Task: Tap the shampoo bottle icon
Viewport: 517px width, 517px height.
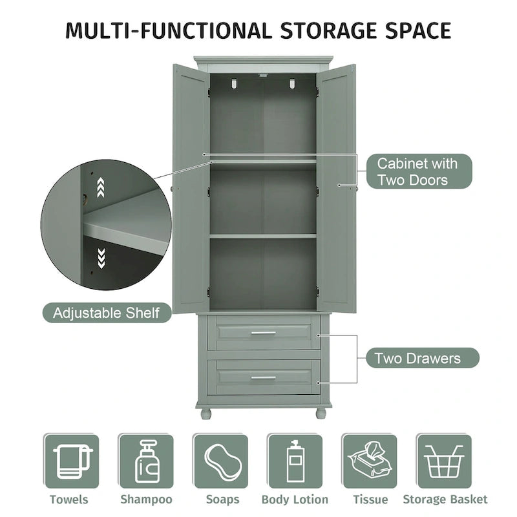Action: tap(146, 461)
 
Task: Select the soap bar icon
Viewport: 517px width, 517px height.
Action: tap(220, 461)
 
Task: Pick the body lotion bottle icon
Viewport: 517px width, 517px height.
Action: tap(295, 461)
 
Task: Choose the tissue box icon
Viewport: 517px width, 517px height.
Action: tap(370, 461)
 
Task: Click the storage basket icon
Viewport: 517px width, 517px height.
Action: tap(444, 461)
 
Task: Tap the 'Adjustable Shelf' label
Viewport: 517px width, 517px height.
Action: tap(106, 313)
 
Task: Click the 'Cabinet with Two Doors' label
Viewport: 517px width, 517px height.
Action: tap(417, 171)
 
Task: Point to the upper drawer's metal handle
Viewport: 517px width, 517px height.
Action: tap(263, 333)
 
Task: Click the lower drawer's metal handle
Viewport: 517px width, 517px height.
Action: tap(263, 377)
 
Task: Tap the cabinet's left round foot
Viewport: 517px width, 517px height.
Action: tap(206, 413)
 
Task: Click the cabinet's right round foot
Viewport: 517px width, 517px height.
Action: tap(321, 413)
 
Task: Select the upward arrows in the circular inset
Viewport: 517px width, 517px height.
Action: tap(100, 188)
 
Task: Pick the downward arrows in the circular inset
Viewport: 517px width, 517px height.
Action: tap(100, 258)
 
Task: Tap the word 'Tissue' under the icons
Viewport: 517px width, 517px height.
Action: tap(370, 500)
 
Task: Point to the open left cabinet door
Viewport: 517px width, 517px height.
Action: tap(191, 187)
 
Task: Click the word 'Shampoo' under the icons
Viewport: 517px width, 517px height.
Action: tap(146, 500)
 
